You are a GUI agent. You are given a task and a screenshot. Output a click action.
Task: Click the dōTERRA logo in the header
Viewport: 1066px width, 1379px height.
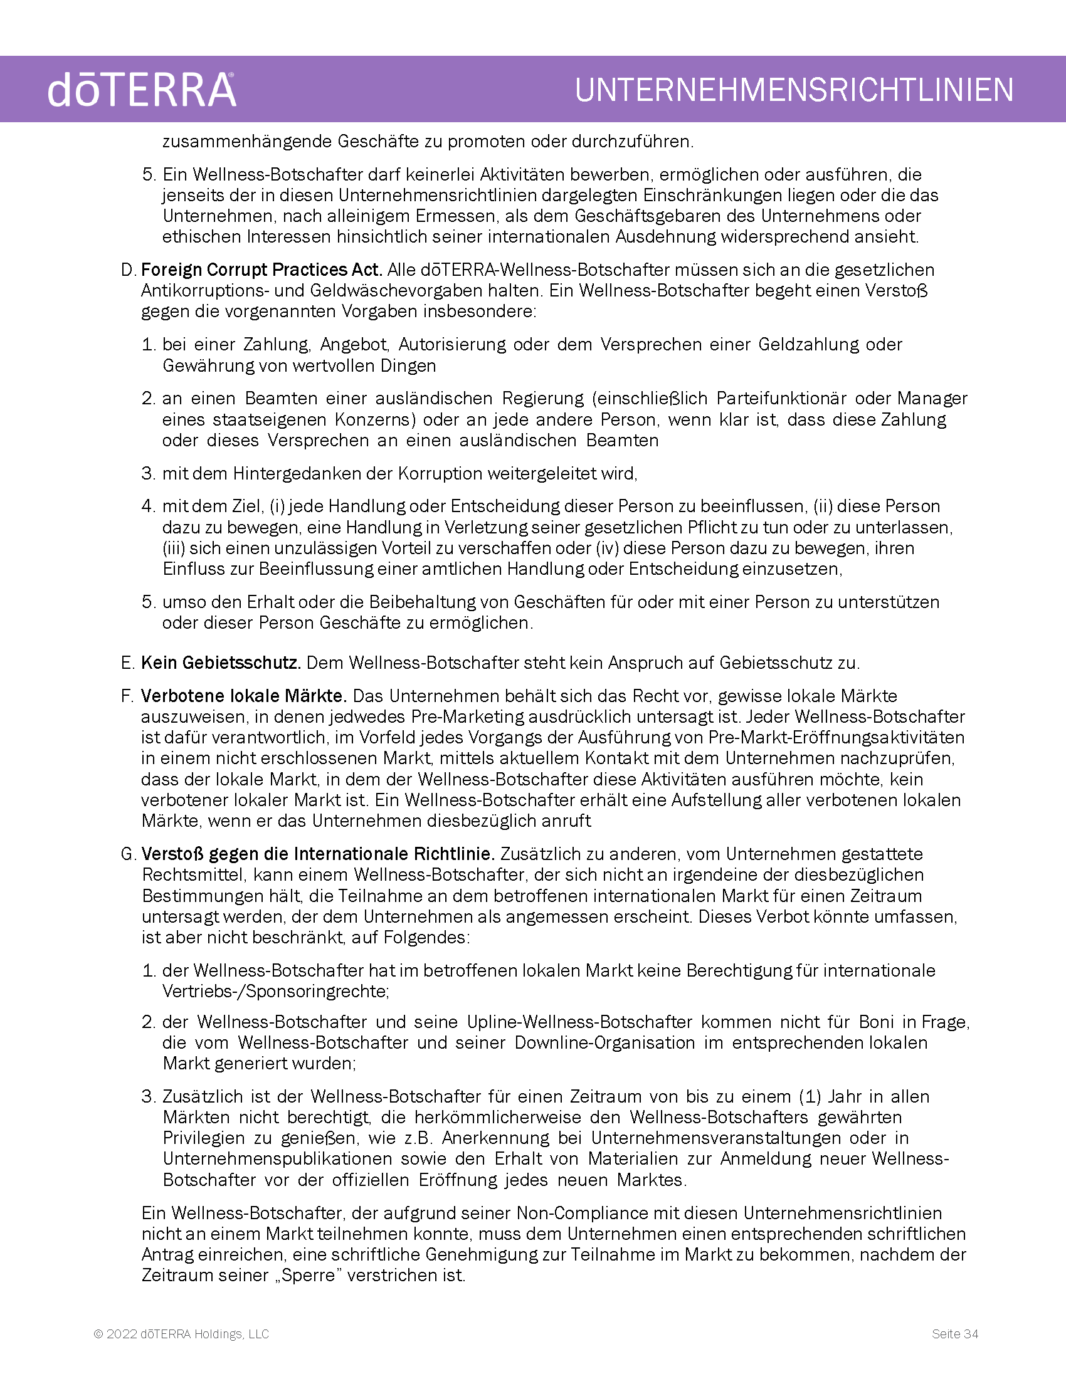[x=142, y=90]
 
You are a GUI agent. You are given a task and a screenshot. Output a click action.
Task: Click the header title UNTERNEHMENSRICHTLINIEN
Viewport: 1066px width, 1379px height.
[x=794, y=90]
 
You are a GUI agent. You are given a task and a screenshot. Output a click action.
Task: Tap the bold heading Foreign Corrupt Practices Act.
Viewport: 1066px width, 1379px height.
[x=261, y=270]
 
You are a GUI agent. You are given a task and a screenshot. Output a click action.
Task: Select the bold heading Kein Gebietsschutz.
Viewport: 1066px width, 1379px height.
[x=220, y=663]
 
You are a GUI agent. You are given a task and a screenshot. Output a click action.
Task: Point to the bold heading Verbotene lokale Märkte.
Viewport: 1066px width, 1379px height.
[x=244, y=696]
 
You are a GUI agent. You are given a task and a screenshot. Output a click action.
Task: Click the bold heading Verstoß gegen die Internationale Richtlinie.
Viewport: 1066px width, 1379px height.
[x=318, y=854]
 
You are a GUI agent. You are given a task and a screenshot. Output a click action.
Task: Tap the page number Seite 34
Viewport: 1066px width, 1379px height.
[x=955, y=1334]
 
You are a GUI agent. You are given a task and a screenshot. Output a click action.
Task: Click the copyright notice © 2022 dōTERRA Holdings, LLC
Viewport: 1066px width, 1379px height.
[x=181, y=1334]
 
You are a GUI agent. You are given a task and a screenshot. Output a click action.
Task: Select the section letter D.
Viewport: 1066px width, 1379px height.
[x=128, y=270]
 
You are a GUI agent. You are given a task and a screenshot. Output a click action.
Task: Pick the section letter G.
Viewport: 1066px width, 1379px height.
[x=128, y=854]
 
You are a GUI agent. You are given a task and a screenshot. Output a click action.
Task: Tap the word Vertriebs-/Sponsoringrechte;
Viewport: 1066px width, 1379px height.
[x=275, y=992]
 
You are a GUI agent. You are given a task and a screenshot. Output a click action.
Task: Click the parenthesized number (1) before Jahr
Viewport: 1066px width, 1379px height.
[x=810, y=1097]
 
